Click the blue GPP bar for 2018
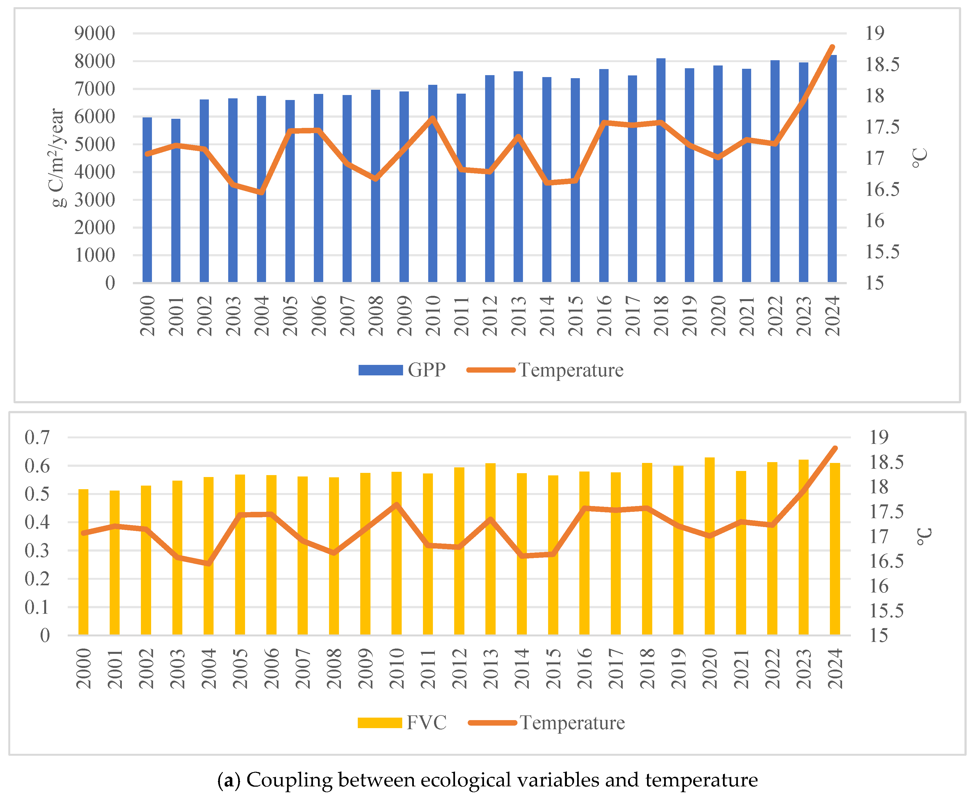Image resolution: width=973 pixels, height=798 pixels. coord(661,170)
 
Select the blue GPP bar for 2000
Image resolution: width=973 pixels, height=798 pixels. coord(147,200)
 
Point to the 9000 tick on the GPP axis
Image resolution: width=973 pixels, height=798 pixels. coord(95,33)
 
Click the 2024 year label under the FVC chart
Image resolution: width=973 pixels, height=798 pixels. coord(835,668)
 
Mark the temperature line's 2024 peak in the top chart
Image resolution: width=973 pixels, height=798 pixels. coord(832,47)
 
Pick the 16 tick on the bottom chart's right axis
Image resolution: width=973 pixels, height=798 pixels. coord(879,586)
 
